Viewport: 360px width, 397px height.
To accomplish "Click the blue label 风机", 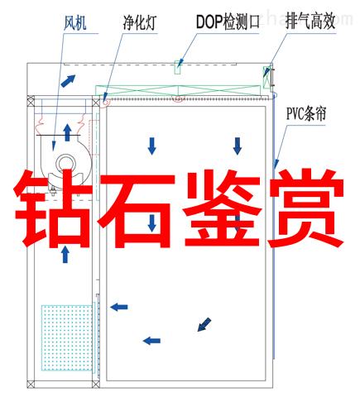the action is (75, 23).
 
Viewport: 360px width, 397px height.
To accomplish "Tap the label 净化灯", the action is (140, 23).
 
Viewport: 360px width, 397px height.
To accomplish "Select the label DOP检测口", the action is (228, 22).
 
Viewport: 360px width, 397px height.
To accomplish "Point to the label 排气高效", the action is (310, 21).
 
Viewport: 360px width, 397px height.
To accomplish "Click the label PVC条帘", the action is (306, 113).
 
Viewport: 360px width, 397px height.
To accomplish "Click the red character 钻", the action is (52, 208).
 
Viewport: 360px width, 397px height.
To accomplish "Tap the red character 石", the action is (137, 210).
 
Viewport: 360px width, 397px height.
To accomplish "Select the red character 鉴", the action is (223, 208).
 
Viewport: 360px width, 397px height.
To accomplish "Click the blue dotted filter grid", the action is (67, 337).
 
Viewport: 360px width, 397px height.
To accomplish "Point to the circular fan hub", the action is (66, 164).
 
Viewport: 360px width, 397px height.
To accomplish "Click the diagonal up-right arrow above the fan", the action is (68, 81).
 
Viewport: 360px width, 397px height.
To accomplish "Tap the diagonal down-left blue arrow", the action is (204, 324).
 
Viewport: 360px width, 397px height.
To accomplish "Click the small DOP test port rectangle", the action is (178, 67).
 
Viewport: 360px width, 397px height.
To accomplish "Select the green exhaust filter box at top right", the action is (266, 77).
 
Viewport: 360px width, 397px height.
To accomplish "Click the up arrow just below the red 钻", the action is (65, 254).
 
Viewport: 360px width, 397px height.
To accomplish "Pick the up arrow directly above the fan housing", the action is (67, 132).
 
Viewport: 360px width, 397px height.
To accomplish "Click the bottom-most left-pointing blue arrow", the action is (151, 341).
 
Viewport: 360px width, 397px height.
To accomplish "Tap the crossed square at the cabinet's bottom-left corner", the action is (31, 384).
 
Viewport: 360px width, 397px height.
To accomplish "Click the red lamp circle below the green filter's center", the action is (178, 98).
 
